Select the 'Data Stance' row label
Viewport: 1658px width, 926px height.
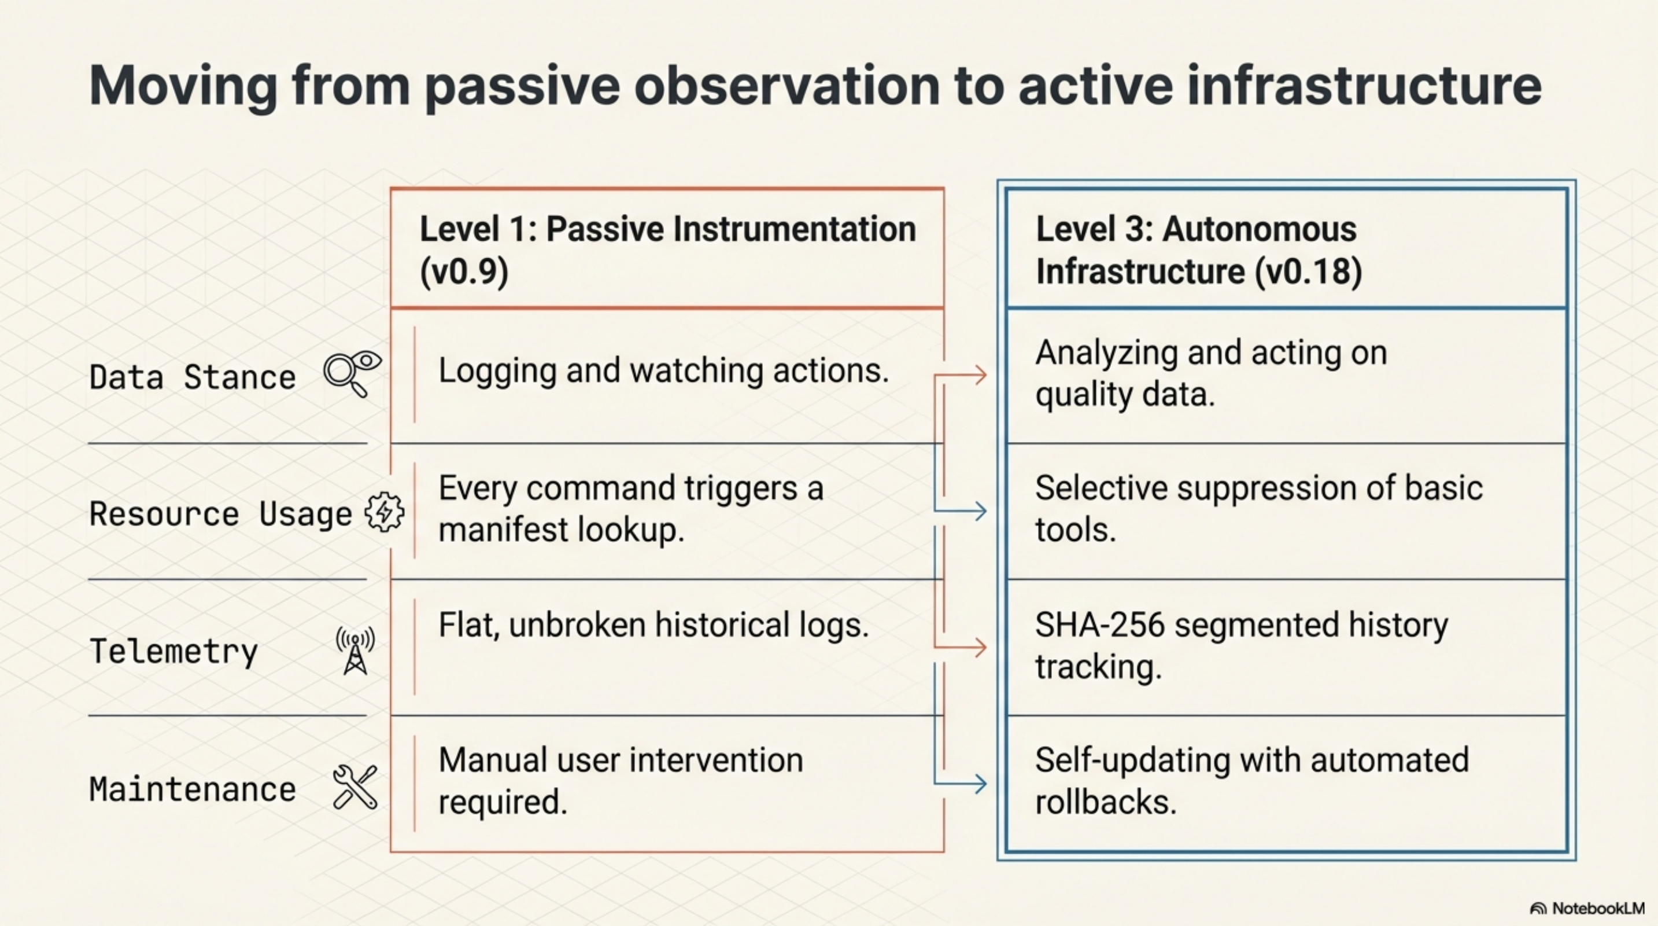pyautogui.click(x=192, y=377)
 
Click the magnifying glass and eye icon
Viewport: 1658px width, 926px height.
pyautogui.click(x=352, y=373)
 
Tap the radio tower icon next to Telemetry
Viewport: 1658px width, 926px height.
pyautogui.click(x=355, y=651)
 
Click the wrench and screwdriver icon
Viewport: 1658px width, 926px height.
pyautogui.click(x=355, y=787)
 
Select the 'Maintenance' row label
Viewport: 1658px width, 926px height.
pyautogui.click(x=192, y=789)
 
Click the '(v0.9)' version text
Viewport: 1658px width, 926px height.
pyautogui.click(x=464, y=271)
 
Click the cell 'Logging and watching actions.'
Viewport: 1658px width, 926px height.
pyautogui.click(x=663, y=371)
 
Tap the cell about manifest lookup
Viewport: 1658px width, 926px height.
pyautogui.click(x=631, y=509)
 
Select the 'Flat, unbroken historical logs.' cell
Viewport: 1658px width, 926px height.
pyautogui.click(x=653, y=624)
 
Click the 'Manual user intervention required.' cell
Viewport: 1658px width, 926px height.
pyautogui.click(x=621, y=781)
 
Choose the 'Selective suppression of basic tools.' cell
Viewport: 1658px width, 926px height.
pyautogui.click(x=1258, y=509)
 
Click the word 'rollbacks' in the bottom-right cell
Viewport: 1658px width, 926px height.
pyautogui.click(x=1105, y=802)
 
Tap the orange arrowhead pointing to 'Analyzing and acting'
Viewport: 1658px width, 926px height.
pyautogui.click(x=980, y=375)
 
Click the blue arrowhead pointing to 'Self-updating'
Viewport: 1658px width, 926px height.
pyautogui.click(x=980, y=784)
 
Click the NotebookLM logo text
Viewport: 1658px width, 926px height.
pyautogui.click(x=1598, y=909)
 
